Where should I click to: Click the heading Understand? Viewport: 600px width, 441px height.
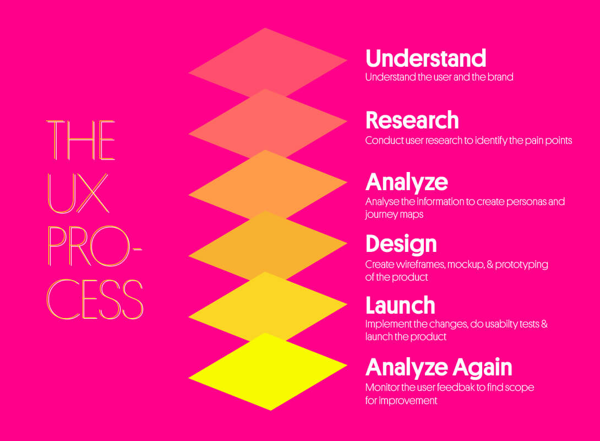(426, 58)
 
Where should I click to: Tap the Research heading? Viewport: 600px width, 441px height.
(412, 120)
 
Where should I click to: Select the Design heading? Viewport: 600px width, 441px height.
(401, 244)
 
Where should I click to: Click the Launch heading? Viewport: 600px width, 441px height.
(400, 305)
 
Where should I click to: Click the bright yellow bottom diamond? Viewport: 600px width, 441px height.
(268, 372)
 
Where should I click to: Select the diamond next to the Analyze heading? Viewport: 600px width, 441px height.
(268, 185)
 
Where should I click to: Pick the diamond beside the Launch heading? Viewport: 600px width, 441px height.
(268, 306)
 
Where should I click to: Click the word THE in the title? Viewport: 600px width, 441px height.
(81, 140)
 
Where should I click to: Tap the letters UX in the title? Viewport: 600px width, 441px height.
(78, 193)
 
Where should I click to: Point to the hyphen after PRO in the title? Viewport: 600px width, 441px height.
(137, 249)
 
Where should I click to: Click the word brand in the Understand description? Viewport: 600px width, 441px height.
(500, 77)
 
